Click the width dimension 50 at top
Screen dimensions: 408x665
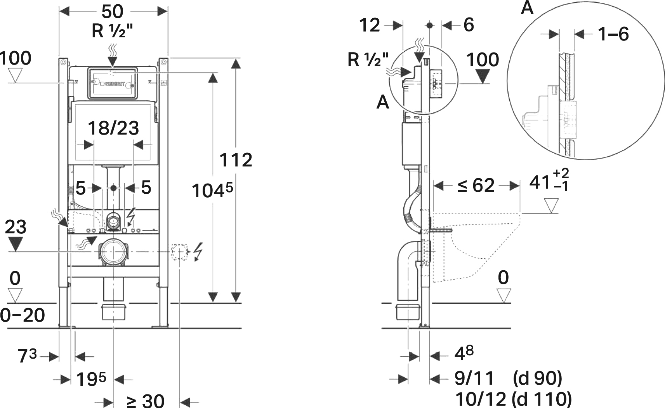pos(113,12)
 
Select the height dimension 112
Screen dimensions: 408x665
pos(236,160)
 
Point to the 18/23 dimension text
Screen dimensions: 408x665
pos(113,128)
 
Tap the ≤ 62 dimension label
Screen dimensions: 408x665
pos(476,186)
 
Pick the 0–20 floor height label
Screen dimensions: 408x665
pos(23,315)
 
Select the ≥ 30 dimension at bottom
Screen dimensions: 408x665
pos(145,401)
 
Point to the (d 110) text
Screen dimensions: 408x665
pos(542,399)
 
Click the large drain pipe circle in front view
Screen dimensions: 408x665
pos(113,252)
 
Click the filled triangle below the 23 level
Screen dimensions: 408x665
pos(16,244)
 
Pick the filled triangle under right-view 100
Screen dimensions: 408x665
pos(483,77)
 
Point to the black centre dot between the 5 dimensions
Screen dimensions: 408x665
pos(113,188)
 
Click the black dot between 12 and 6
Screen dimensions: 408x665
pos(429,26)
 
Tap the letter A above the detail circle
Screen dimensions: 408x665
pos(527,8)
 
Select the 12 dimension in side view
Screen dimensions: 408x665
pos(370,26)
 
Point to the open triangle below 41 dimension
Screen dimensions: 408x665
pos(551,205)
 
